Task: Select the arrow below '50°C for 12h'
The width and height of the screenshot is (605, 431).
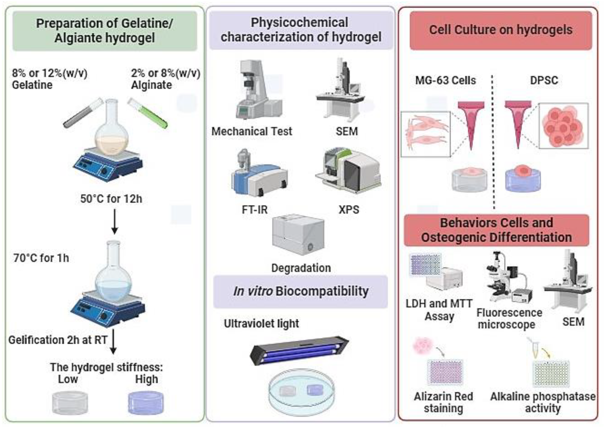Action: (115, 222)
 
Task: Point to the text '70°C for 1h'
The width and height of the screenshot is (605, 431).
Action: (41, 258)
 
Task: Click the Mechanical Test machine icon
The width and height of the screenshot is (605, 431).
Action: (256, 90)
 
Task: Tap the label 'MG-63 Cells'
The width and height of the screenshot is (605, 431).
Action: (446, 80)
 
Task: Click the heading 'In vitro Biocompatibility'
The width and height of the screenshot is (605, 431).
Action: (301, 291)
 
